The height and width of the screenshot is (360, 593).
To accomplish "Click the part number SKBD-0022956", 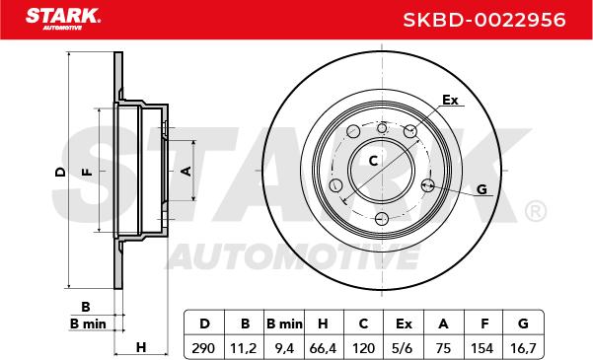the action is (484, 20).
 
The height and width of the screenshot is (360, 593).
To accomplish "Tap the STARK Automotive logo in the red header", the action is (63, 19).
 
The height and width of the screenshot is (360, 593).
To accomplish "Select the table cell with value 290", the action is (203, 348).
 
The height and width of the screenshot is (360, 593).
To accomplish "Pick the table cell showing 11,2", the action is (244, 348).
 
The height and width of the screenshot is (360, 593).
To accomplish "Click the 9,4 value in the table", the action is (284, 348).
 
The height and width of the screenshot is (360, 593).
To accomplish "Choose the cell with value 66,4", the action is (323, 348).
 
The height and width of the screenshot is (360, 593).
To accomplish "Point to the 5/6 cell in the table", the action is (402, 348).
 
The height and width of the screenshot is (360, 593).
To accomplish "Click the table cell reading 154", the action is (482, 348).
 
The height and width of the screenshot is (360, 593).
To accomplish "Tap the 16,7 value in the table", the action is (523, 348).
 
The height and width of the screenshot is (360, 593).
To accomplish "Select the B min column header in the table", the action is (284, 324).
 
